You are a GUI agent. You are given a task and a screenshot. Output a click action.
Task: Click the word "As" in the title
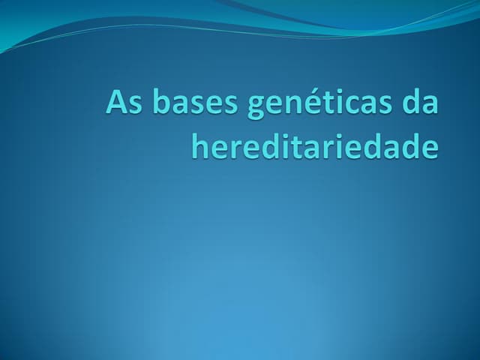(123, 103)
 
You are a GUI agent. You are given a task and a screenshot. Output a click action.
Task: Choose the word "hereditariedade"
(314, 145)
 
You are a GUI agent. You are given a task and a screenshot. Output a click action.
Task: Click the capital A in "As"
(116, 103)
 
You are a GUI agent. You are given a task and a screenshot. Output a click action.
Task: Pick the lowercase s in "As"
(133, 105)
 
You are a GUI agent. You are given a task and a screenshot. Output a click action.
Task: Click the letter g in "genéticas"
(256, 107)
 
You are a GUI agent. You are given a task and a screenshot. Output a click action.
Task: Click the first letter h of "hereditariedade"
(200, 145)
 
